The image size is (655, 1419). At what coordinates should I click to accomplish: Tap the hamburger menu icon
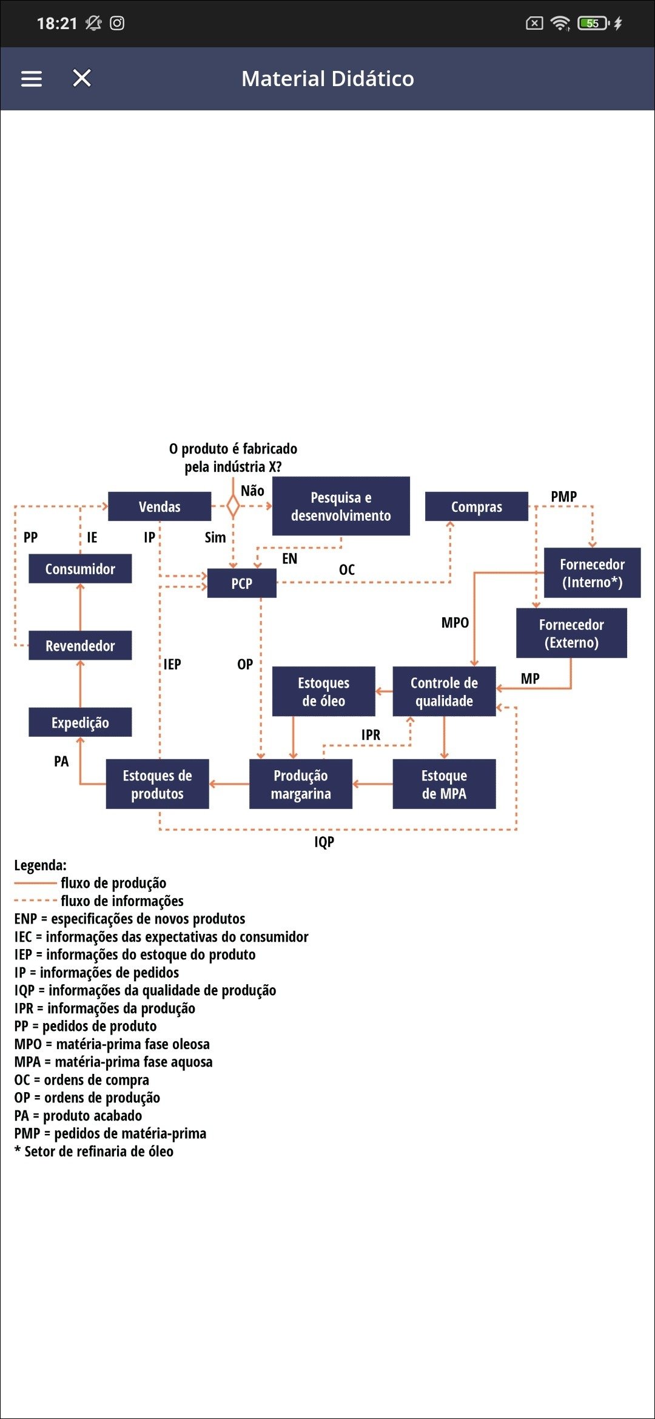[32, 79]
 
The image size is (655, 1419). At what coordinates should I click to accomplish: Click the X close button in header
[82, 78]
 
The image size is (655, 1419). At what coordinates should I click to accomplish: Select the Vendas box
[160, 506]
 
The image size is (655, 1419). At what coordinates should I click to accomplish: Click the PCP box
[241, 583]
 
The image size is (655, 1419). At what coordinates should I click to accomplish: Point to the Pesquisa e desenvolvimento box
[341, 506]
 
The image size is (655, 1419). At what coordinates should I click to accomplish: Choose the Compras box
[476, 506]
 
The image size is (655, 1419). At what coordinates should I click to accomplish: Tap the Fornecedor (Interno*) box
[592, 573]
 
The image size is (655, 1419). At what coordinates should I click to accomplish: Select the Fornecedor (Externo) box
[571, 633]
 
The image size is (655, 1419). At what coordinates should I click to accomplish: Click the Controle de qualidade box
[444, 691]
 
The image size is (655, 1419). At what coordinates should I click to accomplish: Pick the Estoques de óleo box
[323, 691]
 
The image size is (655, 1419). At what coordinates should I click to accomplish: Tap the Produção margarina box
[301, 784]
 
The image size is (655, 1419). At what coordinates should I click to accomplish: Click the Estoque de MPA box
[444, 784]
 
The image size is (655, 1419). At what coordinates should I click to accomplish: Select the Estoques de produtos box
[157, 784]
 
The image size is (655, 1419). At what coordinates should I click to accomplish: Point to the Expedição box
[80, 722]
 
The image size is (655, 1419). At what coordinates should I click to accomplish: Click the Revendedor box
[80, 646]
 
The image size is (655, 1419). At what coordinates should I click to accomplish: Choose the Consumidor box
[80, 569]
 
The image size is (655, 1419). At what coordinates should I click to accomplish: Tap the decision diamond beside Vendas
[233, 506]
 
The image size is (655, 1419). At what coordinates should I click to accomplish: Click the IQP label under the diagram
[324, 842]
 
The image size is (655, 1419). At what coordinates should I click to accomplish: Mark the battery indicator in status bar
[593, 24]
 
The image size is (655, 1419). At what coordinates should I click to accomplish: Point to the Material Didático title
[327, 79]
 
